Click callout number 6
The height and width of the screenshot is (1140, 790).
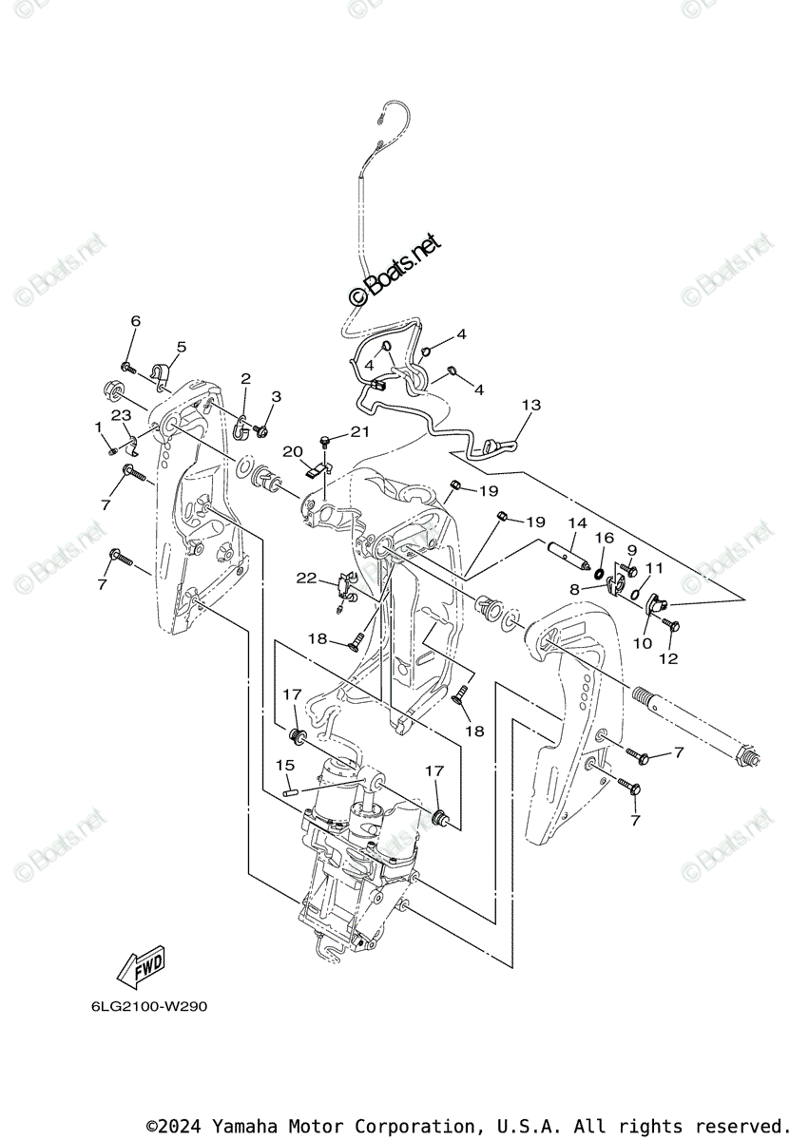point(135,321)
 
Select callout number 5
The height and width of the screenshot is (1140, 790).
point(181,347)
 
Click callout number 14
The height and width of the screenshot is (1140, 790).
point(577,522)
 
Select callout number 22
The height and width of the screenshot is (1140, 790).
point(305,578)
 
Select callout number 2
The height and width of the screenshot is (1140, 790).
point(245,379)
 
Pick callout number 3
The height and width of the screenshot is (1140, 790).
point(277,396)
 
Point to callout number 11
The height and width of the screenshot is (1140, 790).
point(652,567)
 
